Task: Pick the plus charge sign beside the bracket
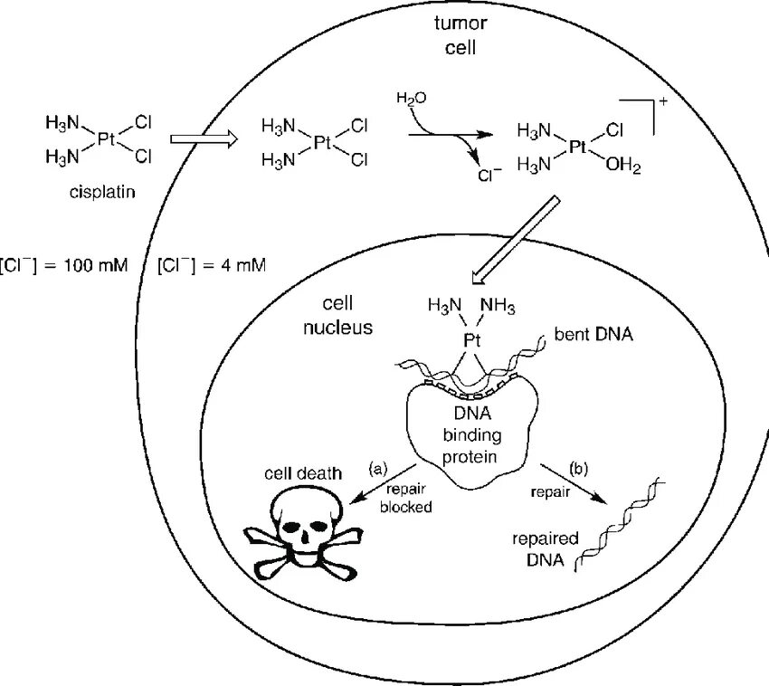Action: pos(664,101)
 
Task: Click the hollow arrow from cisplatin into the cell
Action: pos(204,138)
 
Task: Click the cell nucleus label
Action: pos(337,315)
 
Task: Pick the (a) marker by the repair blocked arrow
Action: pos(378,468)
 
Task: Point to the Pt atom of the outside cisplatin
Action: pos(107,138)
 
